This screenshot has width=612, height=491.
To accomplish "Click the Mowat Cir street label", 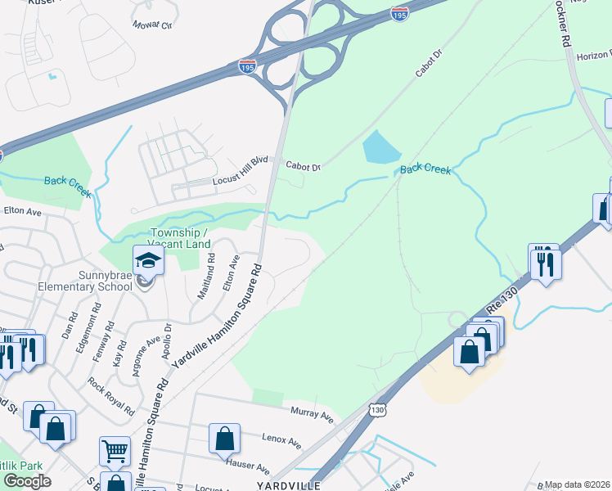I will coord(154,25).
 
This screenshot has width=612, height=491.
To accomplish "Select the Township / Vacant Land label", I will coord(168,238).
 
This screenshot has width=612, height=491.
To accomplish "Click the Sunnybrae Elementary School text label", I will coord(83,280).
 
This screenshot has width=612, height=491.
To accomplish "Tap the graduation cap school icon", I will coord(149,260).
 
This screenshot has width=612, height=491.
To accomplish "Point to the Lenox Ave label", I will coord(281,439).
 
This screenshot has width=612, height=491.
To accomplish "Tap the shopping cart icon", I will coord(115,450).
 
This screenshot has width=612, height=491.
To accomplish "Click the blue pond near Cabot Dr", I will coord(380,147).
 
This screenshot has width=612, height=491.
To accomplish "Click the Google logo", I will coord(27,481).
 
